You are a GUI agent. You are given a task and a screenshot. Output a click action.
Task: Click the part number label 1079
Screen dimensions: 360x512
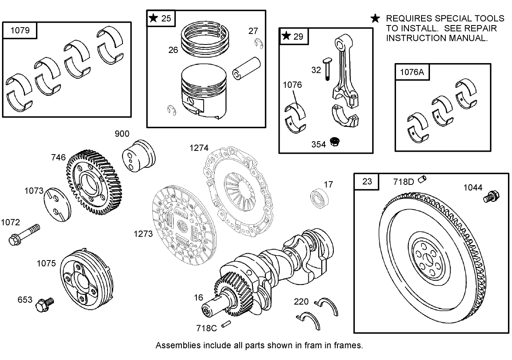pos(19,31)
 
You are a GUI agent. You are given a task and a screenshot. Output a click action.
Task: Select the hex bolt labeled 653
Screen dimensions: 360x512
pos(44,304)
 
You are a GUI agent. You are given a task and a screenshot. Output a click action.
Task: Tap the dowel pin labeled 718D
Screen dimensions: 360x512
pos(422,178)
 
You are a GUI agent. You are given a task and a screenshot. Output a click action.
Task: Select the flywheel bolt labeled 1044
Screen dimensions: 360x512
pos(490,197)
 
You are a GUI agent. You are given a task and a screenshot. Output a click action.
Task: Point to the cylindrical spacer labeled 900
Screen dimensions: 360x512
pos(139,155)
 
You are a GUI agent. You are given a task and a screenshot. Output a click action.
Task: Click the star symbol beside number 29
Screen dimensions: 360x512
pos(287,36)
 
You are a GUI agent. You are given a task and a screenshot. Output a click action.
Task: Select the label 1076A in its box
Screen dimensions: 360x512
pos(412,72)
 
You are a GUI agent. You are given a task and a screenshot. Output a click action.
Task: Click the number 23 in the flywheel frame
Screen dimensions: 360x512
pos(367,181)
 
